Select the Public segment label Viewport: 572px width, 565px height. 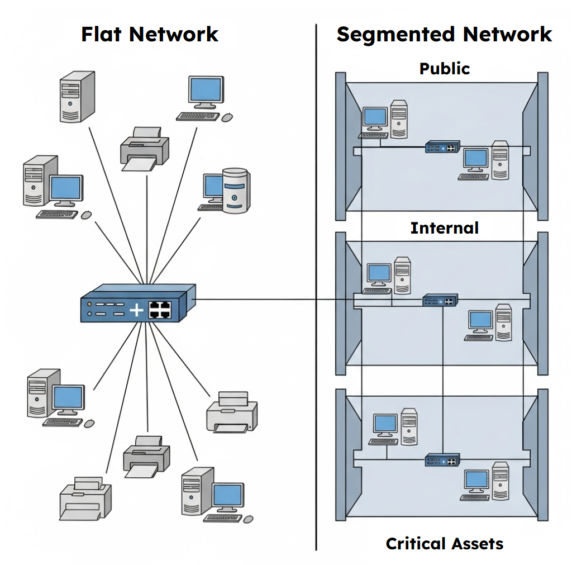(445, 69)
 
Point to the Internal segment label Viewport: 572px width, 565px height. (445, 228)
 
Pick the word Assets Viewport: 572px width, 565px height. (480, 543)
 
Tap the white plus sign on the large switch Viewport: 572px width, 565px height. (136, 310)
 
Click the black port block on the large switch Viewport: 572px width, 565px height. (159, 310)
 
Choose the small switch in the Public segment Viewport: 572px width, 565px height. (442, 147)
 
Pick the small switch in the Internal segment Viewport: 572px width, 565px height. (440, 300)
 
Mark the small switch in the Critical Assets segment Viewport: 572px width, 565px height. (442, 459)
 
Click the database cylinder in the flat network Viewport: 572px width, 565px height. (235, 190)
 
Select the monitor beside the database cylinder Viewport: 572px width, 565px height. (212, 187)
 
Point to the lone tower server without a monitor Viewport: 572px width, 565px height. (77, 96)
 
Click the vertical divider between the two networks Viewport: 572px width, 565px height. (316, 279)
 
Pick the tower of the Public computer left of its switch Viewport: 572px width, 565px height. (399, 118)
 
